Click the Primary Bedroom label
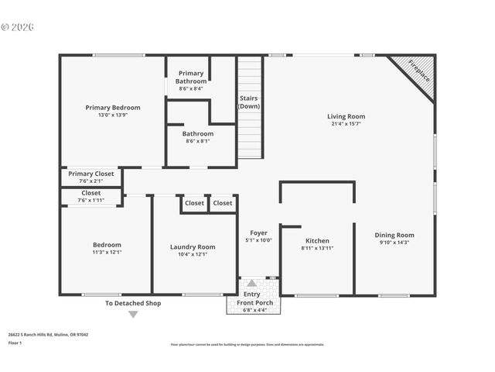pos(113,108)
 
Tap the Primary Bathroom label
pos(190,77)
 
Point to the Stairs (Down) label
pos(249,102)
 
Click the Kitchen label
pos(317,241)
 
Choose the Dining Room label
pos(394,236)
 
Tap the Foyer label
pos(258,232)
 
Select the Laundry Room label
pos(193,247)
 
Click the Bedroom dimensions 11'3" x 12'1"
pos(107,253)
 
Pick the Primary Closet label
pos(90,174)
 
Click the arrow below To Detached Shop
pos(133,315)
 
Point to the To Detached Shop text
pos(133,304)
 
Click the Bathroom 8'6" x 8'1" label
pos(199,134)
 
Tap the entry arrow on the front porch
pos(251,284)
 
